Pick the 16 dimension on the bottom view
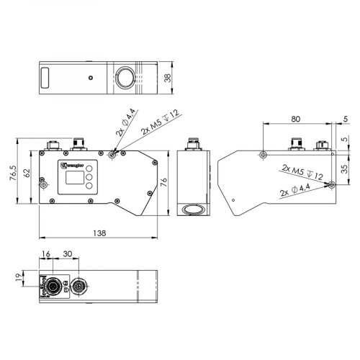coord(46,255)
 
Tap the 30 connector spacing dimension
coord(67,255)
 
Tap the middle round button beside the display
coord(89,177)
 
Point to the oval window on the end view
coord(192,210)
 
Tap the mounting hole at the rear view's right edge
coord(330,184)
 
